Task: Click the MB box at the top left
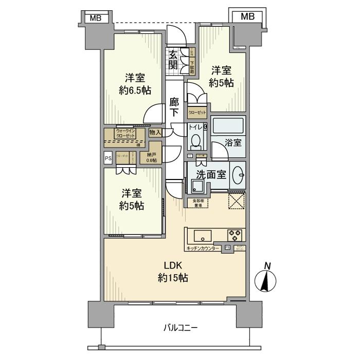[x=96, y=19]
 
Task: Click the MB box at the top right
[x=247, y=16]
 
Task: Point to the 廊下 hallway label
[x=174, y=107]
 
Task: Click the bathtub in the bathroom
[x=228, y=126]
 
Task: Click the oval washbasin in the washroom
[x=238, y=175]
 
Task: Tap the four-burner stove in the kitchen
[x=235, y=235]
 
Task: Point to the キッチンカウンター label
[x=203, y=248]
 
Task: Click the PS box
[x=108, y=159]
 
